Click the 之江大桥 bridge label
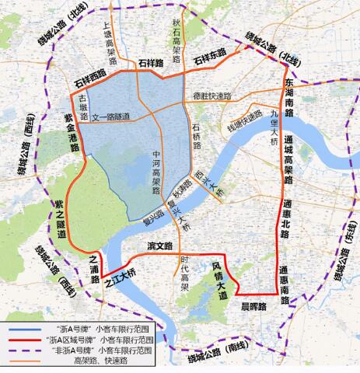click(121, 276)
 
